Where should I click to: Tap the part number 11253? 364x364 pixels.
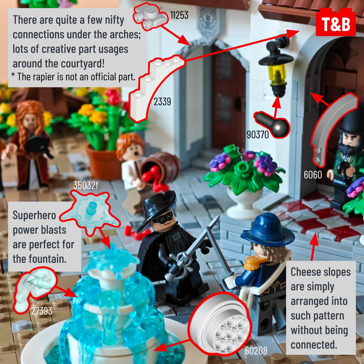179,15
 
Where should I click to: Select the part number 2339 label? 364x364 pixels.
162,102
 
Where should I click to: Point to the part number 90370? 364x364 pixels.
258,135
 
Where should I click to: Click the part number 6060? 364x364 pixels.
313,174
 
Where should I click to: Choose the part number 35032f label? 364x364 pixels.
86,185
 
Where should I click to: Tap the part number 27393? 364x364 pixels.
41,311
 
